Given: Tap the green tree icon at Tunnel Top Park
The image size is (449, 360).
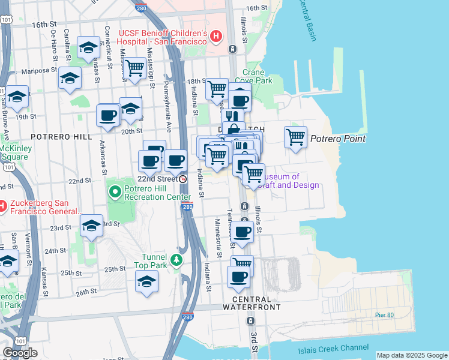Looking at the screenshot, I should tap(176, 259).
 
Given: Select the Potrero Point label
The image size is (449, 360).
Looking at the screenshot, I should tap(338, 139).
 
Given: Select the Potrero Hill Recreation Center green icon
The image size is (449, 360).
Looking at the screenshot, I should tap(115, 193).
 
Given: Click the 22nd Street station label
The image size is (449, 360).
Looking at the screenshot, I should tap(158, 179).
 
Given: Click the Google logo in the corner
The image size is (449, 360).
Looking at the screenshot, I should tap(20, 353).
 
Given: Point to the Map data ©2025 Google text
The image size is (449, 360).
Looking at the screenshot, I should tap(412, 355).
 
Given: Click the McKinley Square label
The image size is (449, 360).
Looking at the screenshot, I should tap(14, 152).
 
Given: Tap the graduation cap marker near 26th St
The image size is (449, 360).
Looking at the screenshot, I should tap(147, 281).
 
